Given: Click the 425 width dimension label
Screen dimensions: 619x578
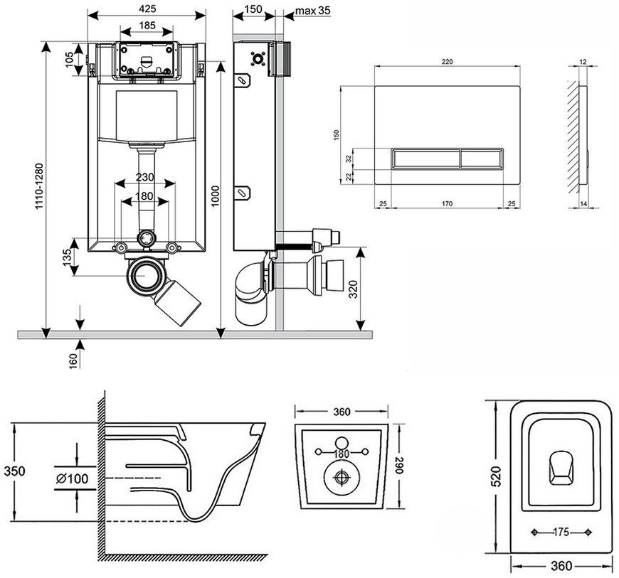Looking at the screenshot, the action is pos(147,9).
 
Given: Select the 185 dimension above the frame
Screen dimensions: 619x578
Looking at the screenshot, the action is pos(147,26).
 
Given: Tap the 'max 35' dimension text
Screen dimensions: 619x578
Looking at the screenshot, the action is pos(312,10).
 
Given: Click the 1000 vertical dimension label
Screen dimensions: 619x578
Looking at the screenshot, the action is pos(215,196).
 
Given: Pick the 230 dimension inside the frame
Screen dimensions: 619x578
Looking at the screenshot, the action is pos(145,177).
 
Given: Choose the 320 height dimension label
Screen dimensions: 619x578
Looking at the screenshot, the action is pos(354,289).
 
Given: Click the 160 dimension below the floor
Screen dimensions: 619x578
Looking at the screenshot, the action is pos(74,361).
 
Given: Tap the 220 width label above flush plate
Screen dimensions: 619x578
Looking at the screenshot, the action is pos(447,62).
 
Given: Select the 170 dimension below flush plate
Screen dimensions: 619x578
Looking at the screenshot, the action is pos(447,203).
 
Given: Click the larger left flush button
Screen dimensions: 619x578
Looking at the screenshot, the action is pos(425,159).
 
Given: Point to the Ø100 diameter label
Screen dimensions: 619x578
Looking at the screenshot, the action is pos(73,478).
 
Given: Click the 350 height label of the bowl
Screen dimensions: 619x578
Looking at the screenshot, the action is pos(14,471).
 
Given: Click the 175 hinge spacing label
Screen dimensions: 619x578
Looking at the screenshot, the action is pos(561,532).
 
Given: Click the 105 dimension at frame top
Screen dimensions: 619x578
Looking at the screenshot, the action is pos(70,60).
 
